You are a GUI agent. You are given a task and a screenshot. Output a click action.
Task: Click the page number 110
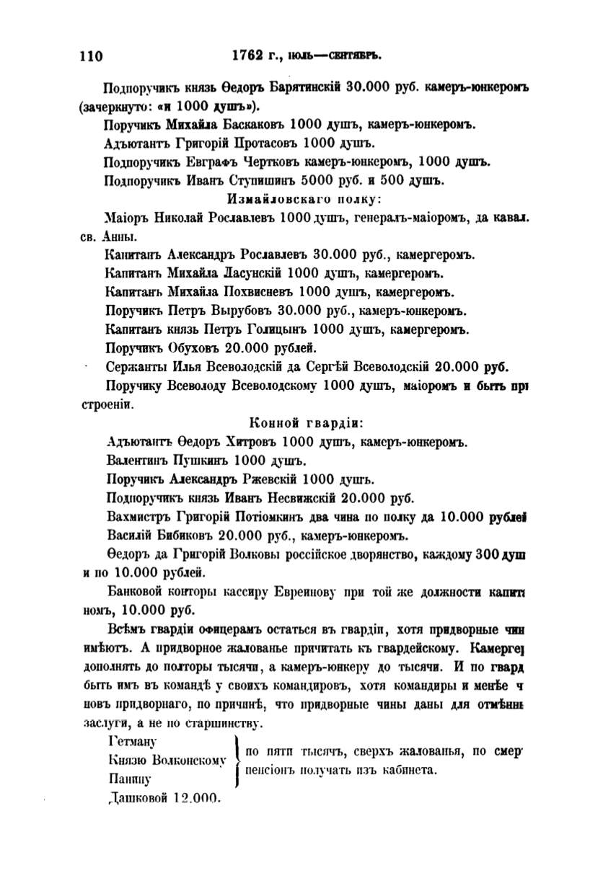(x=91, y=56)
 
